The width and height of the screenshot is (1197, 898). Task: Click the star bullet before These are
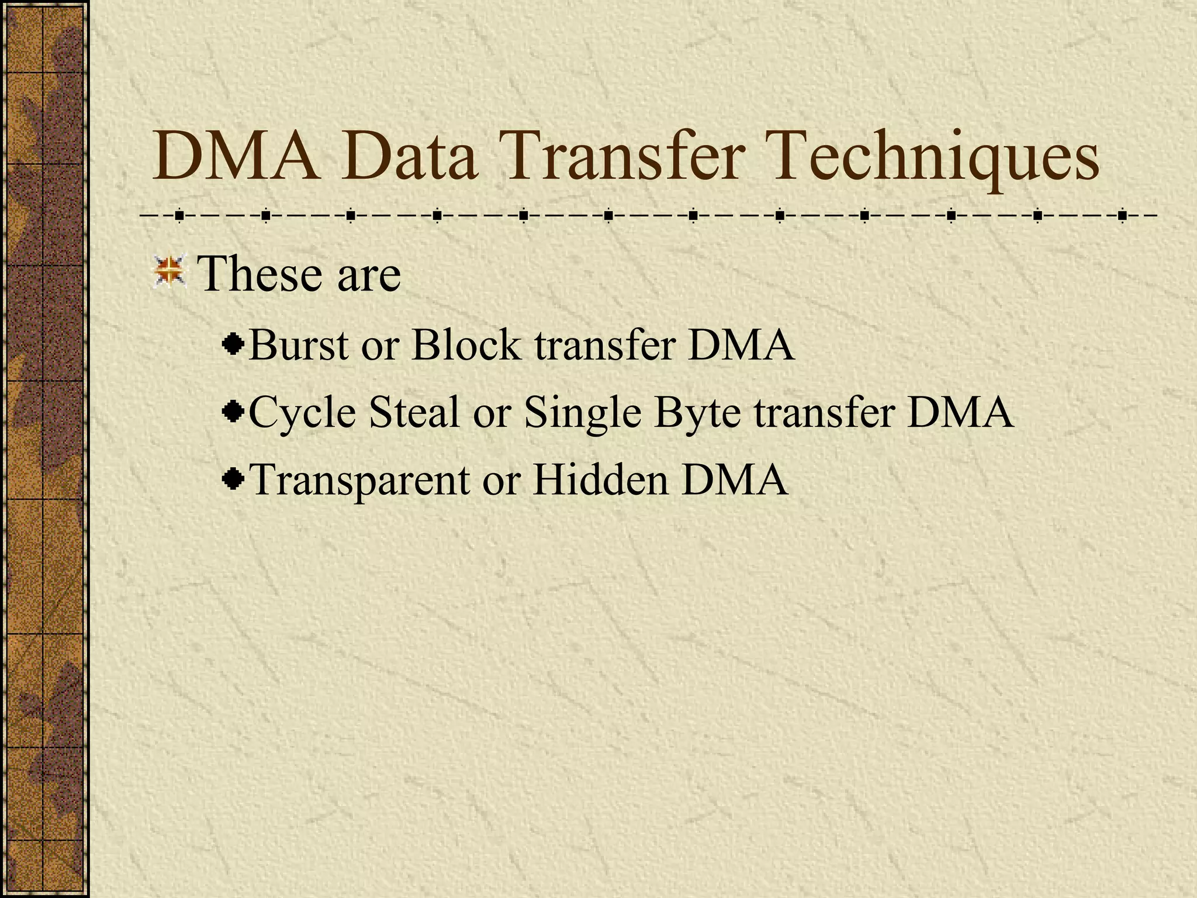click(169, 272)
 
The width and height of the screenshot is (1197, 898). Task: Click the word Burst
click(299, 345)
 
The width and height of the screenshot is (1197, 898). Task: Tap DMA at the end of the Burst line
click(741, 345)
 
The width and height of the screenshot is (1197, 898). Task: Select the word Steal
click(414, 412)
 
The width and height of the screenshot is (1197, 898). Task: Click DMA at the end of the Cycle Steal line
click(960, 412)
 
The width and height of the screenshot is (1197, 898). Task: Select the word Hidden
click(600, 479)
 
